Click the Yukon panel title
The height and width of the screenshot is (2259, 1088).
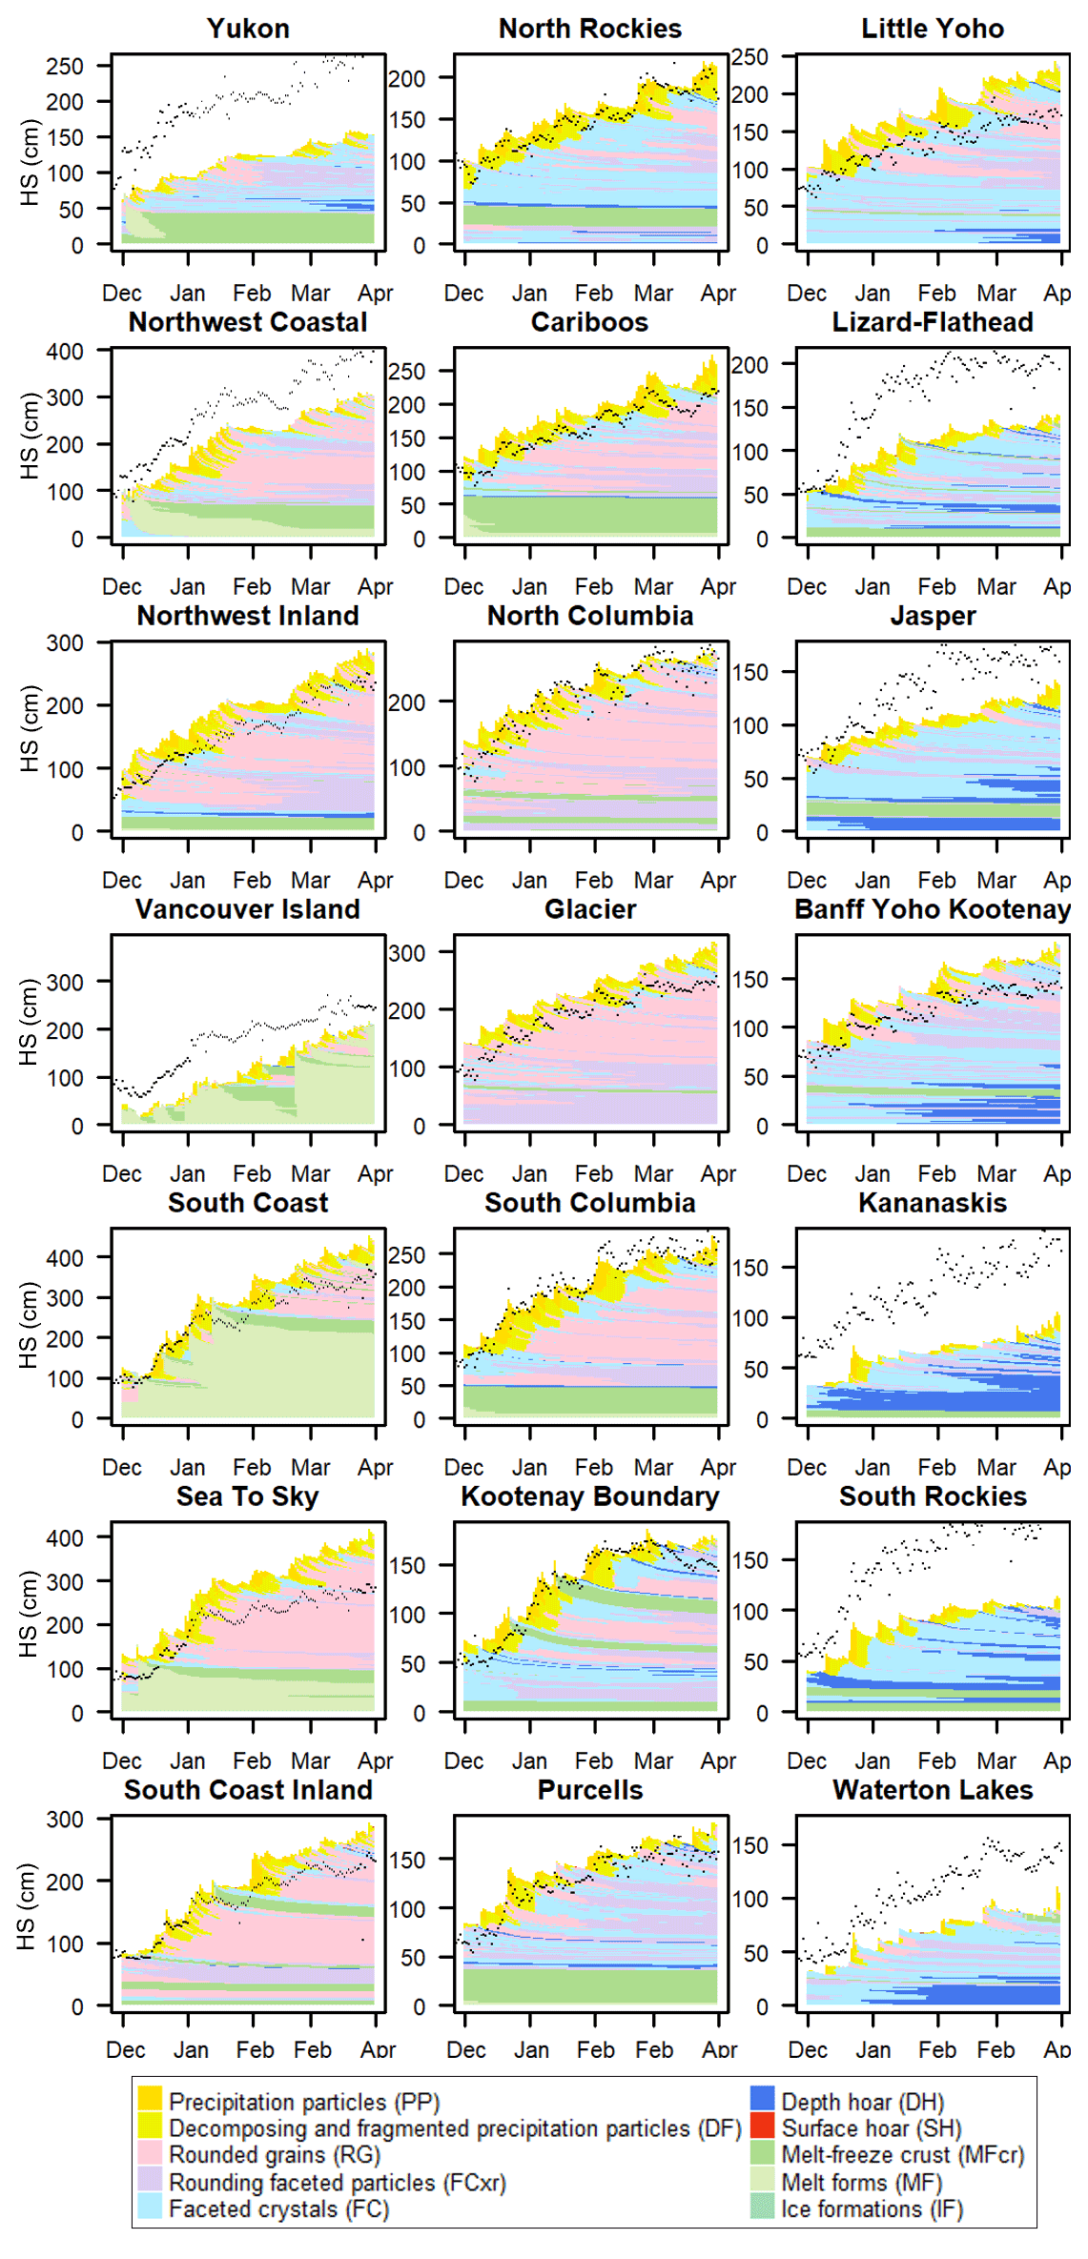point(248,29)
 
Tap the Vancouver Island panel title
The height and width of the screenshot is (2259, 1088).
point(248,909)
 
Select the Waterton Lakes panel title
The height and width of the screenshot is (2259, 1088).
point(933,1790)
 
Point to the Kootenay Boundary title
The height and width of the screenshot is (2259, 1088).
point(589,1496)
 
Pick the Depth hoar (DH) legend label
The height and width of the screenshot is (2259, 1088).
point(862,2102)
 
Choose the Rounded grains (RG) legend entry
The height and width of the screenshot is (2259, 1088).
point(275,2155)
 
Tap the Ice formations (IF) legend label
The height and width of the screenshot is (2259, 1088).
point(872,2208)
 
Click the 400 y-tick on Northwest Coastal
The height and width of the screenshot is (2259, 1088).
point(65,351)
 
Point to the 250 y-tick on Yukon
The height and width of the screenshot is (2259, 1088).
point(65,66)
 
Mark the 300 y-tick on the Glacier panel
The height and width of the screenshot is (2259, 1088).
point(407,953)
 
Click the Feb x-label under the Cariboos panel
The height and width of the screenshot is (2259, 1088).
point(593,587)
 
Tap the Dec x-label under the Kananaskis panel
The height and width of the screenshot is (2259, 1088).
point(807,1468)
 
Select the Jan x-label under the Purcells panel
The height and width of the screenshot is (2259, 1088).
point(531,2049)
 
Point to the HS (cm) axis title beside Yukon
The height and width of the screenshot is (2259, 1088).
point(29,162)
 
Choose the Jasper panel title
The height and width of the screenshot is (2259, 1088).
point(933,616)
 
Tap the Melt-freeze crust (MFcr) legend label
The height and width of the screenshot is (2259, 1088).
point(902,2155)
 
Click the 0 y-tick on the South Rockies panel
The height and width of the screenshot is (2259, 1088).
point(763,1713)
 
